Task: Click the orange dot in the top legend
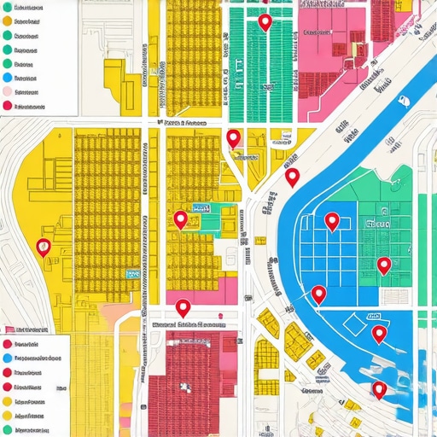click(8, 23)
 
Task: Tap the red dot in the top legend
click(8, 106)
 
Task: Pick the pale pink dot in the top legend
click(8, 91)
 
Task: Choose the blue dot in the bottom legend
click(8, 358)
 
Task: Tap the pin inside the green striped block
click(265, 22)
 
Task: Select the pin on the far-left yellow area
click(44, 247)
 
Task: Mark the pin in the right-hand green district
click(384, 265)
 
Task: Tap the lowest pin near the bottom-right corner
click(380, 389)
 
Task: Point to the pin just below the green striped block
click(233, 138)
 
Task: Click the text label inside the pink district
click(318, 32)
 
